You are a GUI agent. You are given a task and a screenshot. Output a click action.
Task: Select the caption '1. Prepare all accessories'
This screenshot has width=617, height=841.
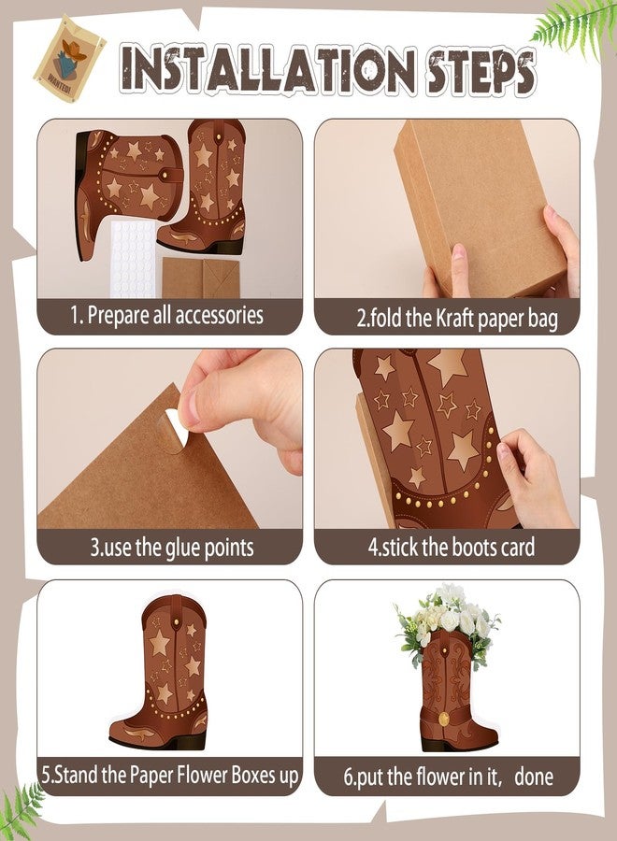pos(167,315)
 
